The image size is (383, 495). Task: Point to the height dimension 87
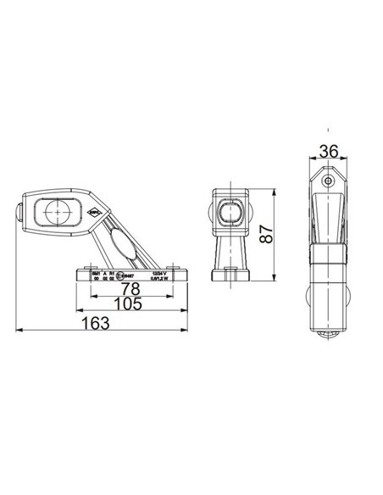click(266, 236)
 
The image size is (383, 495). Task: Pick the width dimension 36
click(325, 151)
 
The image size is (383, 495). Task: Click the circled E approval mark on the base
click(121, 275)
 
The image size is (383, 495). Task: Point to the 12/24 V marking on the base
click(158, 271)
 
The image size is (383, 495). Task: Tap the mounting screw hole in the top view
click(327, 181)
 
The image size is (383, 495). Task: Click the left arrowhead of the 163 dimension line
click(19, 329)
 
